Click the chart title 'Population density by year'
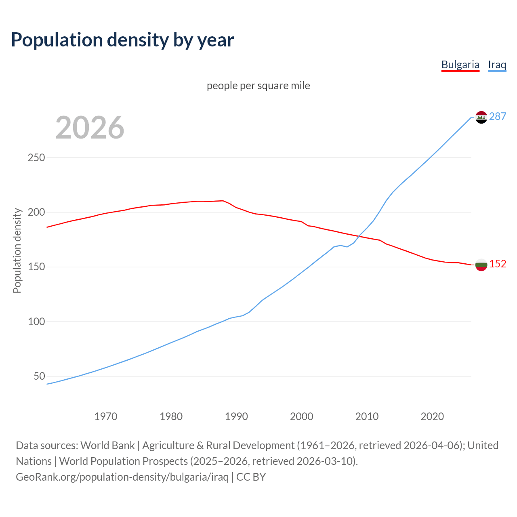[x=122, y=40]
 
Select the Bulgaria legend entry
[x=460, y=65]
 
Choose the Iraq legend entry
[x=497, y=65]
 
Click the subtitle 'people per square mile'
[x=258, y=86]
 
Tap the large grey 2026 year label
[x=90, y=128]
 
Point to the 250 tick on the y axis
[x=36, y=158]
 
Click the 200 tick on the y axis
[x=36, y=212]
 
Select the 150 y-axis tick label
[x=36, y=267]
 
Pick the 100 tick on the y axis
[x=36, y=322]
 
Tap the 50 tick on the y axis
[x=39, y=376]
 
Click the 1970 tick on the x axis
[x=106, y=416]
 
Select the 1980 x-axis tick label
[x=171, y=416]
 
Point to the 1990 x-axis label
[x=236, y=416]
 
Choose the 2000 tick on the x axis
[x=302, y=416]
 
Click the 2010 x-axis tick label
[x=367, y=416]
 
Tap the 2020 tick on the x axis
[x=432, y=416]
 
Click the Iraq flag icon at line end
[x=481, y=117]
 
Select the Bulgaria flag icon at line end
[x=481, y=265]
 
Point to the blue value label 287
[x=498, y=116]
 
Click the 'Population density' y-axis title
[x=17, y=250]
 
